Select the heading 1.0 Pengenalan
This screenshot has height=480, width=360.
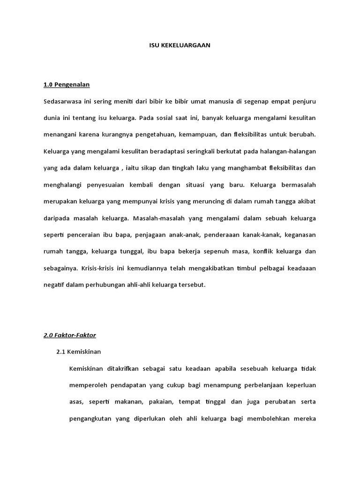click(66, 85)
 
